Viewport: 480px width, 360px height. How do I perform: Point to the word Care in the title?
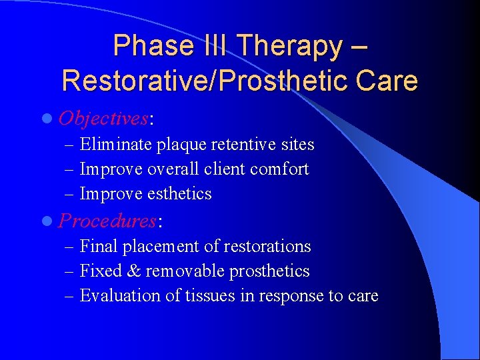pyautogui.click(x=387, y=81)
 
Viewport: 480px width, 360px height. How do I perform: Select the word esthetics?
pyautogui.click(x=179, y=194)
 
